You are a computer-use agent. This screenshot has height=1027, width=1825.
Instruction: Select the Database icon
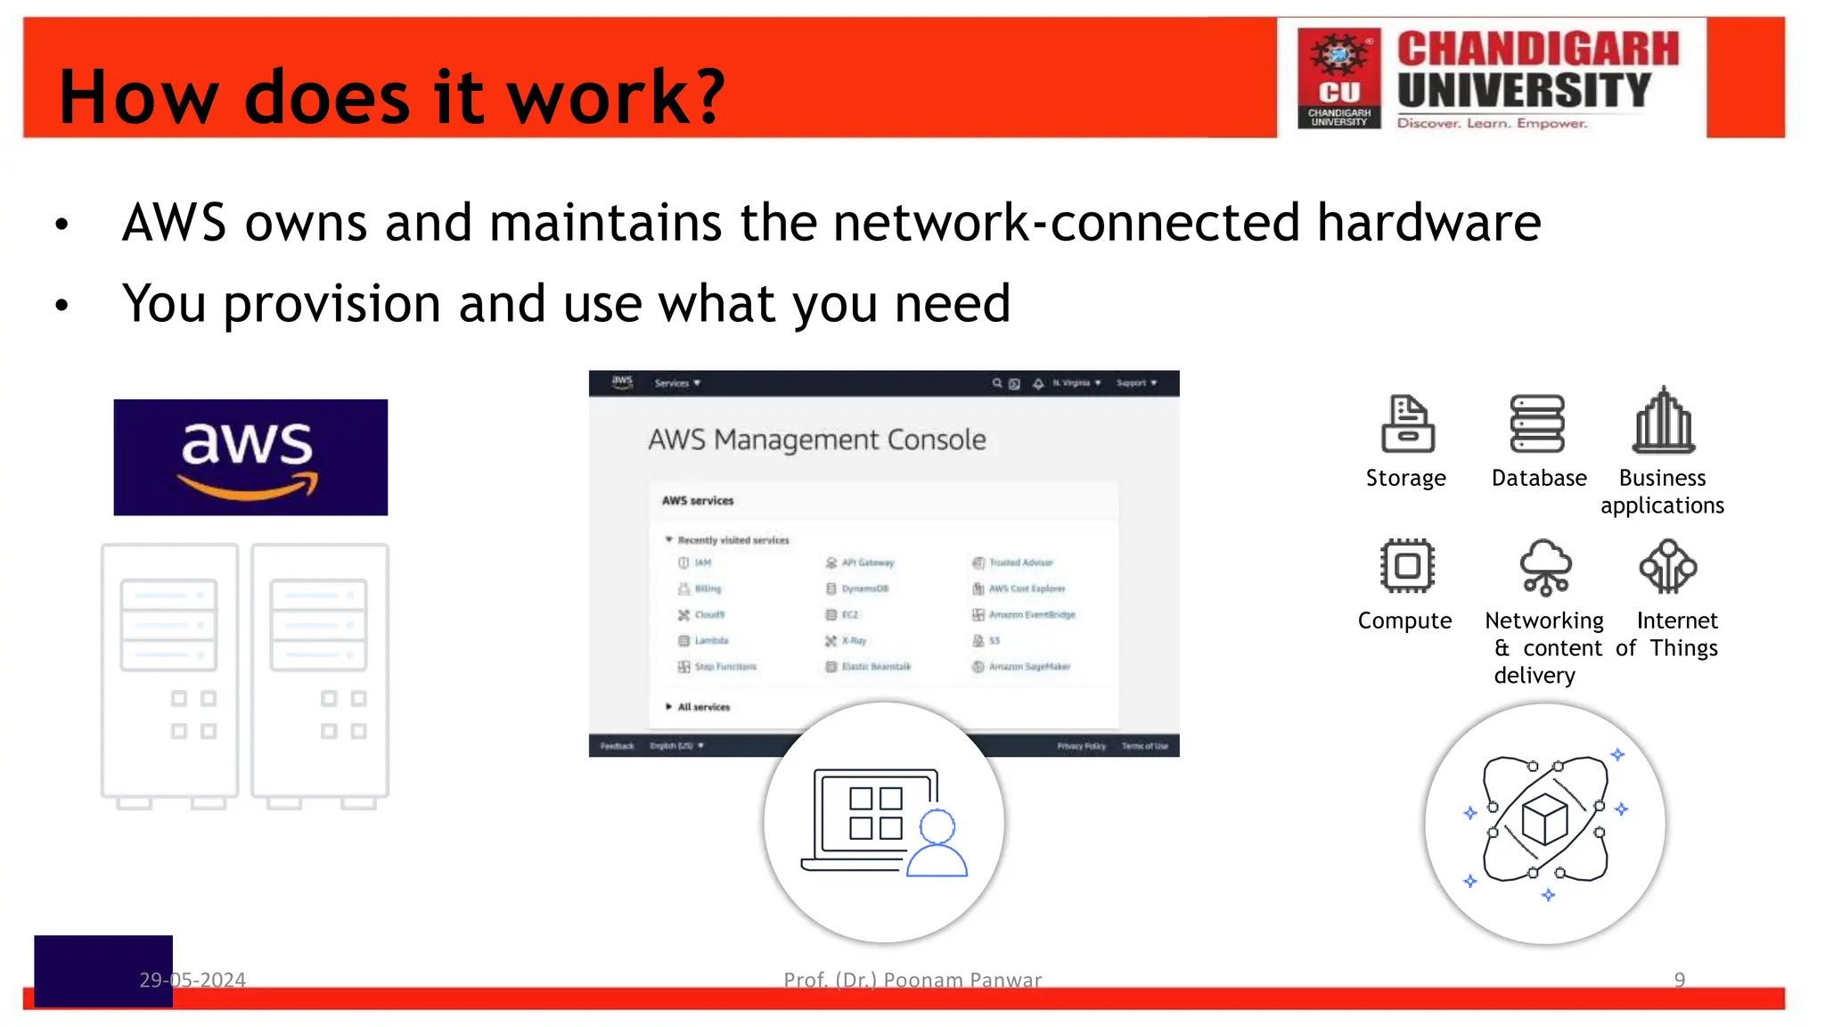click(x=1537, y=423)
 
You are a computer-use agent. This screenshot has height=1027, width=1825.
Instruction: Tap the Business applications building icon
click(x=1663, y=421)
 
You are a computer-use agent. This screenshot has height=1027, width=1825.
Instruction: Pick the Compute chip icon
click(x=1407, y=566)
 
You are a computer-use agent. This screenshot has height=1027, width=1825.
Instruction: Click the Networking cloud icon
click(x=1545, y=567)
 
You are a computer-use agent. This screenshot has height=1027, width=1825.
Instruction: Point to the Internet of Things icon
click(x=1667, y=567)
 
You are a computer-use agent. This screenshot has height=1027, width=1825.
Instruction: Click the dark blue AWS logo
click(x=250, y=457)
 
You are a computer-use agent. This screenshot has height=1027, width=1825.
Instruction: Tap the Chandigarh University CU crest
click(x=1338, y=78)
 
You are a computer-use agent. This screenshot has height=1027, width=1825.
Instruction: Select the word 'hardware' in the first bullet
click(x=1428, y=222)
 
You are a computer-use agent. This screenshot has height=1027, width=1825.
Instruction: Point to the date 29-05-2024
click(x=192, y=980)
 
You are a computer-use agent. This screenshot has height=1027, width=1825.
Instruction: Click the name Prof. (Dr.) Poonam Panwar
click(x=912, y=980)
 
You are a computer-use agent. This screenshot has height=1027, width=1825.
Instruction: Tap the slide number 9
click(x=1679, y=980)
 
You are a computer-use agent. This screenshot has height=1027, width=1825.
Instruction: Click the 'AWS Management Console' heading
click(x=816, y=440)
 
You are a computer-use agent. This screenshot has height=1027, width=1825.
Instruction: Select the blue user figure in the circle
click(x=937, y=844)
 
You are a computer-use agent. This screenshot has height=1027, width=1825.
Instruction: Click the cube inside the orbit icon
click(x=1544, y=818)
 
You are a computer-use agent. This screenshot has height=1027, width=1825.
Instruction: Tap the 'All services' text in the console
click(x=703, y=707)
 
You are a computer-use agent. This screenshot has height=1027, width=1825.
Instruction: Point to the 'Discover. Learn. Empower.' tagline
click(x=1492, y=123)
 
